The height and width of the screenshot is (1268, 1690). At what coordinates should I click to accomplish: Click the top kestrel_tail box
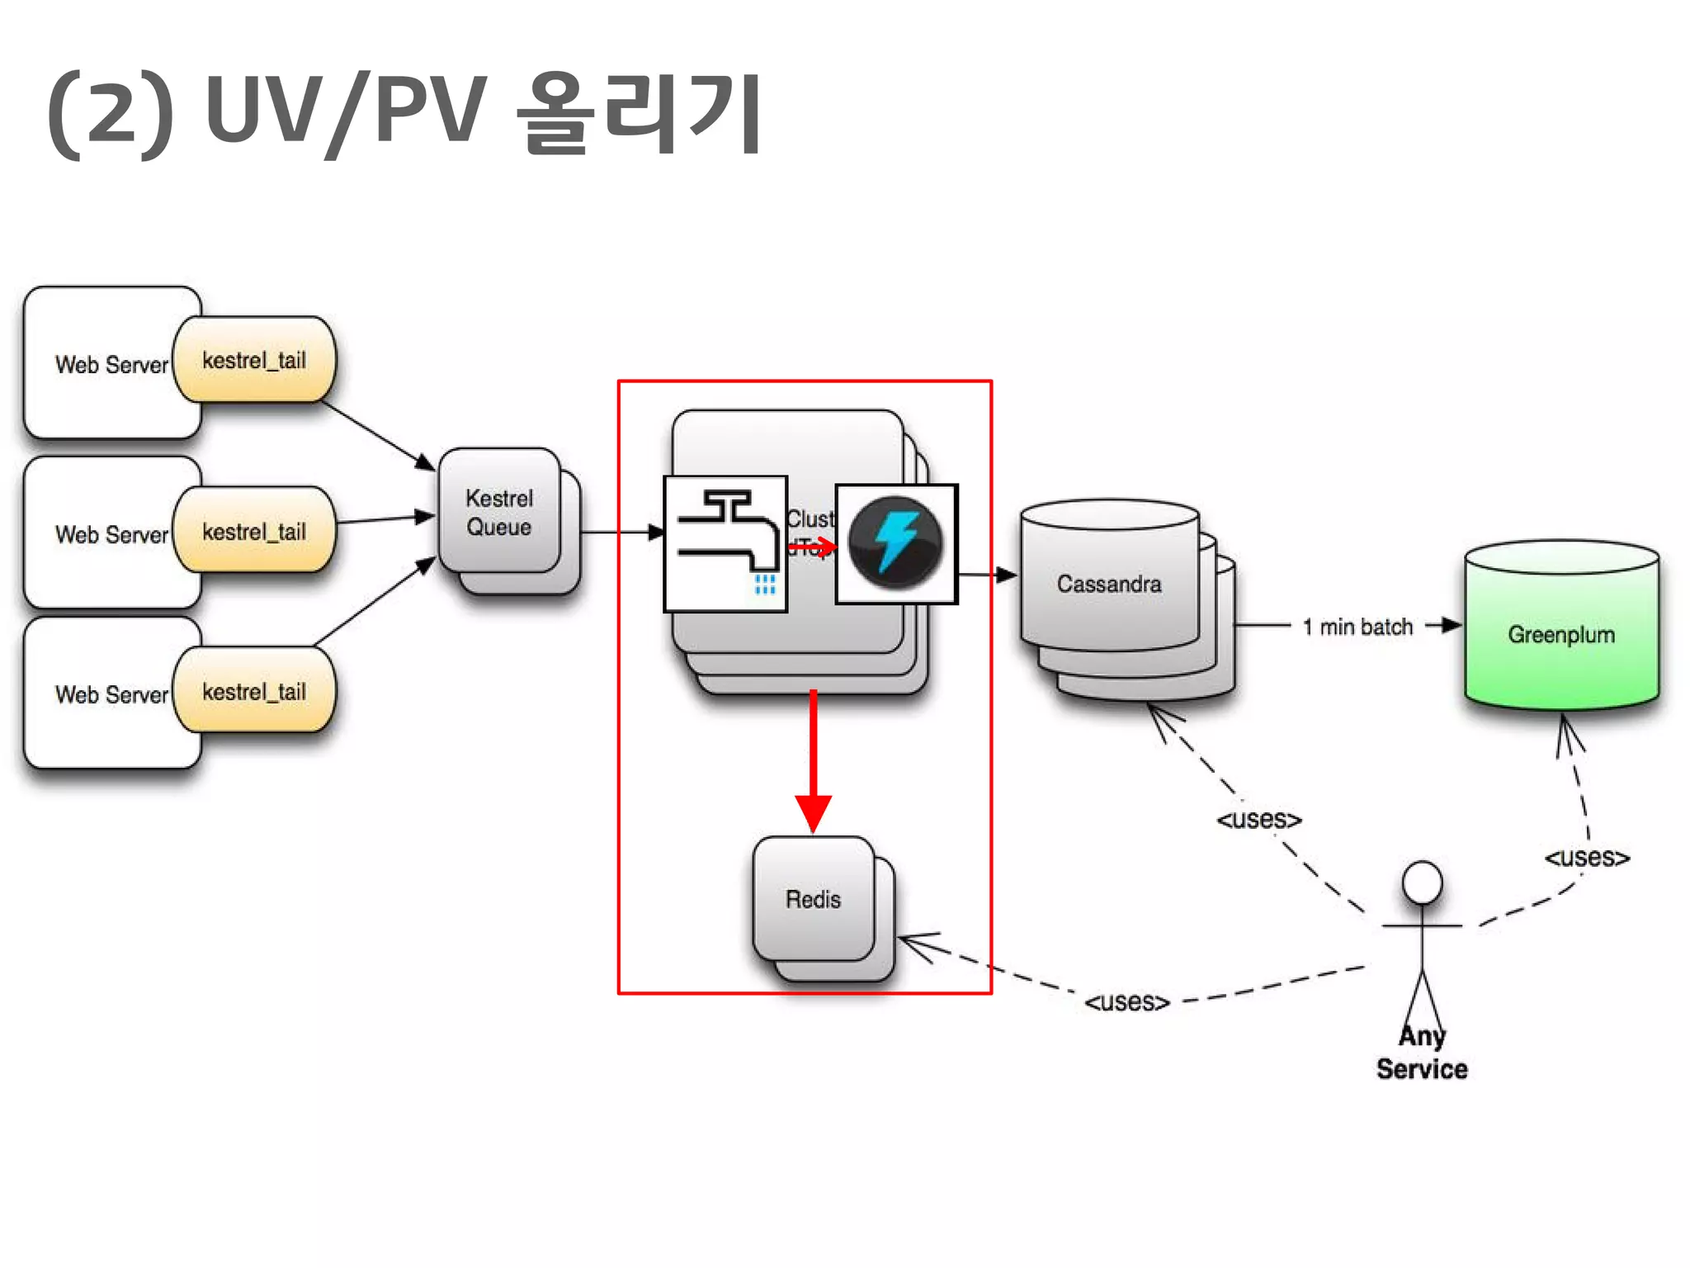pos(254,361)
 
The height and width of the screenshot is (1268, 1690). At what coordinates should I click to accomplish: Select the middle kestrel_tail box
pos(254,531)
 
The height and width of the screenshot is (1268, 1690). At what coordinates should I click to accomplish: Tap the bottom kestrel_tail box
pos(254,691)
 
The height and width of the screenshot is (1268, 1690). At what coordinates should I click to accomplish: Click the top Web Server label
pos(111,365)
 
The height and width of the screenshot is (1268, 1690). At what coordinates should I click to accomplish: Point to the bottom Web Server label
pos(111,694)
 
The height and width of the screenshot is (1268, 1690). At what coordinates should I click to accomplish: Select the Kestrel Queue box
pos(499,513)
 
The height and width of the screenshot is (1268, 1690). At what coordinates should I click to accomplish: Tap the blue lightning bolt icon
pos(896,543)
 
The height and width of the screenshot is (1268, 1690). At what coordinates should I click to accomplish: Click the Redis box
pos(814,899)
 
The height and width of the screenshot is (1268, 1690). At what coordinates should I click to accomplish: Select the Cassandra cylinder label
pos(1109,584)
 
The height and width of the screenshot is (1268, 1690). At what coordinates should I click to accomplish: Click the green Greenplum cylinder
pos(1561,634)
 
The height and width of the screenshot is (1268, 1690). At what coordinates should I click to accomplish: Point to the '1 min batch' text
pos(1357,627)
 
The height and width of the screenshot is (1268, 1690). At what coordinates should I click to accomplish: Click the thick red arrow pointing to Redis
pos(814,759)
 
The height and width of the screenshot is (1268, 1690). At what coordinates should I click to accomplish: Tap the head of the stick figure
pos(1423,882)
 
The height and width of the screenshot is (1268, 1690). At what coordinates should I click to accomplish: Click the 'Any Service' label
pos(1422,1053)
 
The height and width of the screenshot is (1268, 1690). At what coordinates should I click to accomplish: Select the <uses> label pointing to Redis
pos(1127,1001)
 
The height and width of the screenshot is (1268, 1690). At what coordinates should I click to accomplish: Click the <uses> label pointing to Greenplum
pos(1587,857)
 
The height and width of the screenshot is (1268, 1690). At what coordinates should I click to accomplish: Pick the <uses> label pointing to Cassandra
pos(1259,819)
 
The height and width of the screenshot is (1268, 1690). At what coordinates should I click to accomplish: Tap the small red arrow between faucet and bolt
pos(813,546)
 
